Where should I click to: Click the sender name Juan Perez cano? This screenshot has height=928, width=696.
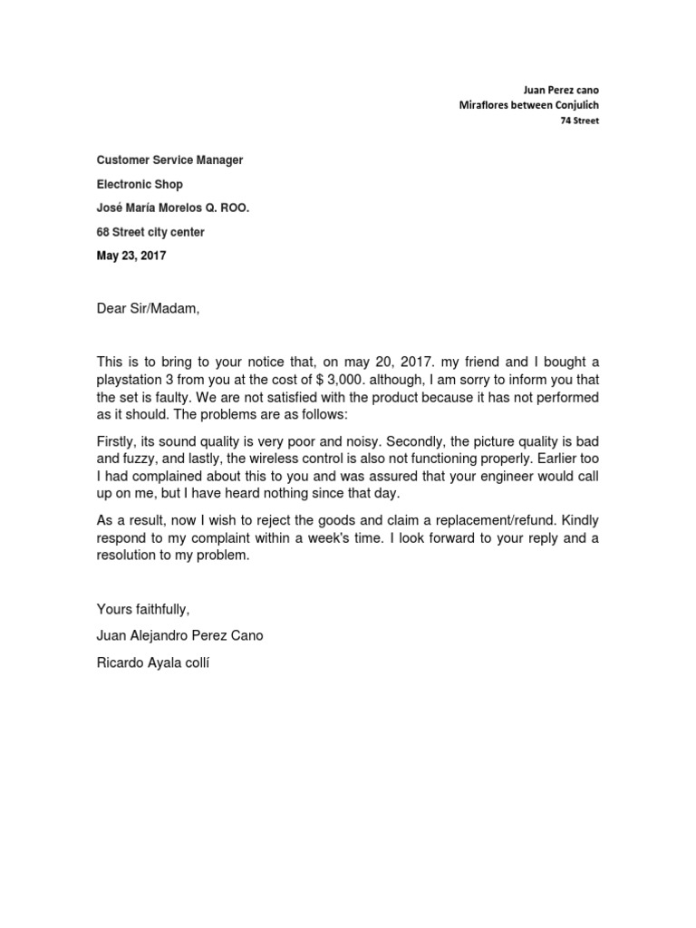[562, 90]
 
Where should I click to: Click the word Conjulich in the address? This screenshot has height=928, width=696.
[572, 105]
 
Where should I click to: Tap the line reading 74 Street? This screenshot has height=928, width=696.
[579, 121]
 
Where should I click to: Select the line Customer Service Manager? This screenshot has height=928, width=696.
[169, 160]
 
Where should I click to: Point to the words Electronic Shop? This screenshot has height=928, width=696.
[140, 184]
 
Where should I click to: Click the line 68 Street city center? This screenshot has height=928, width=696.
[150, 232]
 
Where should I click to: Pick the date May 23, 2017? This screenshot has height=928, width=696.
[131, 256]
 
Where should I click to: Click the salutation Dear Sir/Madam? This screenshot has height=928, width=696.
[147, 309]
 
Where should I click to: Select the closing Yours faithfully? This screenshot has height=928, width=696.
[143, 608]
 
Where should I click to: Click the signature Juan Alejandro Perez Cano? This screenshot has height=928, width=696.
[180, 635]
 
